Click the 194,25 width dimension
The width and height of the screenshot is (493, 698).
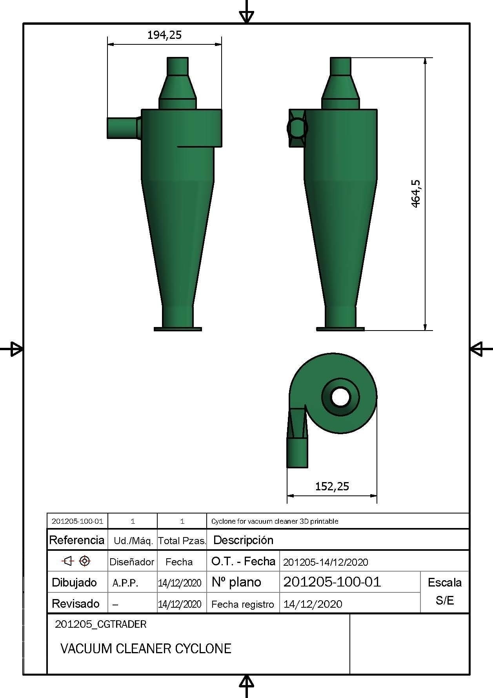pos(164,35)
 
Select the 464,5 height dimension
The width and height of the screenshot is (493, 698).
pos(416,194)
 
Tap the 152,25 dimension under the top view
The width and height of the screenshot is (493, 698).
pos(332,486)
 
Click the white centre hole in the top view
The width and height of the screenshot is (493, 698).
pos(340,397)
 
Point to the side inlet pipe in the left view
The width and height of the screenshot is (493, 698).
pos(123,128)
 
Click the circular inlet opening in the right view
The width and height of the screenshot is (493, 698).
pos(297,128)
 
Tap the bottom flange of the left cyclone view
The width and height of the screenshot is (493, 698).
pos(178,329)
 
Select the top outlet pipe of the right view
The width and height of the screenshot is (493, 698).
pos(340,66)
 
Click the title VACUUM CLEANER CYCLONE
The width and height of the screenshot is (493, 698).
pos(146,648)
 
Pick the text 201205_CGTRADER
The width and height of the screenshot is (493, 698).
pos(101,624)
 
